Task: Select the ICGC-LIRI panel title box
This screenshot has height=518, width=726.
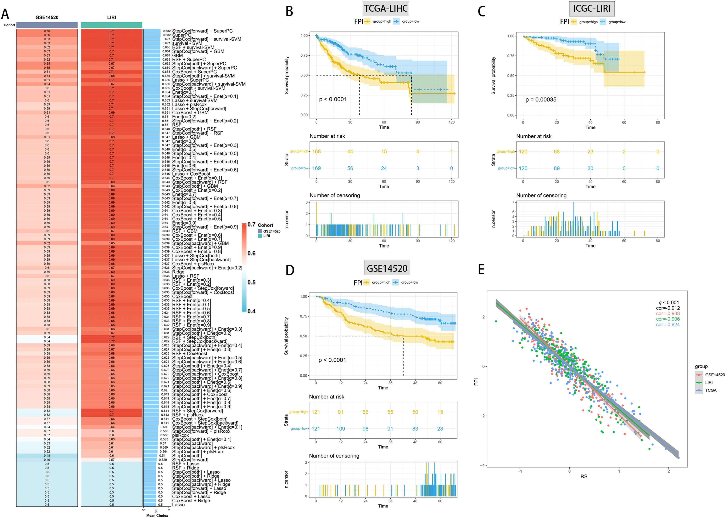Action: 592,9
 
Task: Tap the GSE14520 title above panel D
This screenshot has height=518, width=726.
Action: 387,268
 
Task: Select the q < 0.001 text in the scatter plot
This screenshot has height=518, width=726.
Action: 669,303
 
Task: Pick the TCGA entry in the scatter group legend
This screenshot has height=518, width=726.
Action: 710,390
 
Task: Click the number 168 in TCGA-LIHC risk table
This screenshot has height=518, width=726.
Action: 316,152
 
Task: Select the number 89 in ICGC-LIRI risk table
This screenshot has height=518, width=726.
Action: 557,168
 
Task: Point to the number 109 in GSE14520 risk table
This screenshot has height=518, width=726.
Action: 341,429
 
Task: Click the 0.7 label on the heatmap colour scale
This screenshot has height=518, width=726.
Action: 251,224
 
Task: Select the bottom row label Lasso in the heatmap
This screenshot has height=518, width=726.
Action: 178,505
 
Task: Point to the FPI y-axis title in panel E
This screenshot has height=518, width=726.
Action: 476,382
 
